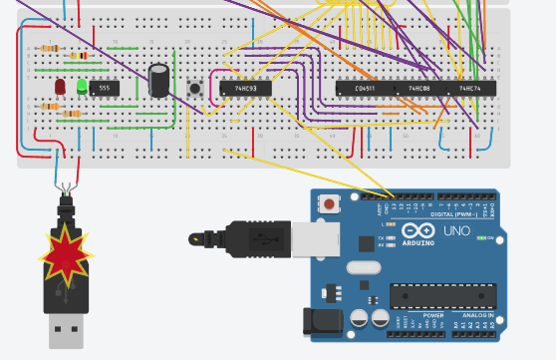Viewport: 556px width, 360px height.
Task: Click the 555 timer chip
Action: [104, 88]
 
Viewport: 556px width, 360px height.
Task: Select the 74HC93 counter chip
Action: [245, 88]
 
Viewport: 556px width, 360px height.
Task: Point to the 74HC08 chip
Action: [419, 88]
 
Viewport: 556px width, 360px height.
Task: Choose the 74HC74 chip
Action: [470, 88]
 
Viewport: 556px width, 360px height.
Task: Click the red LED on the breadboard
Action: [61, 87]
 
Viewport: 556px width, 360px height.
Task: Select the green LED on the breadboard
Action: [82, 87]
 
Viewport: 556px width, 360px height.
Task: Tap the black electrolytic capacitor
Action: [158, 81]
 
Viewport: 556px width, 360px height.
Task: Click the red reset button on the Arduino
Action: [329, 204]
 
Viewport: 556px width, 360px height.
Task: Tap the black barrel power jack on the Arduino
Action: [322, 319]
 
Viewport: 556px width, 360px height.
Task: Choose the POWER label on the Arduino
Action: [433, 315]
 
